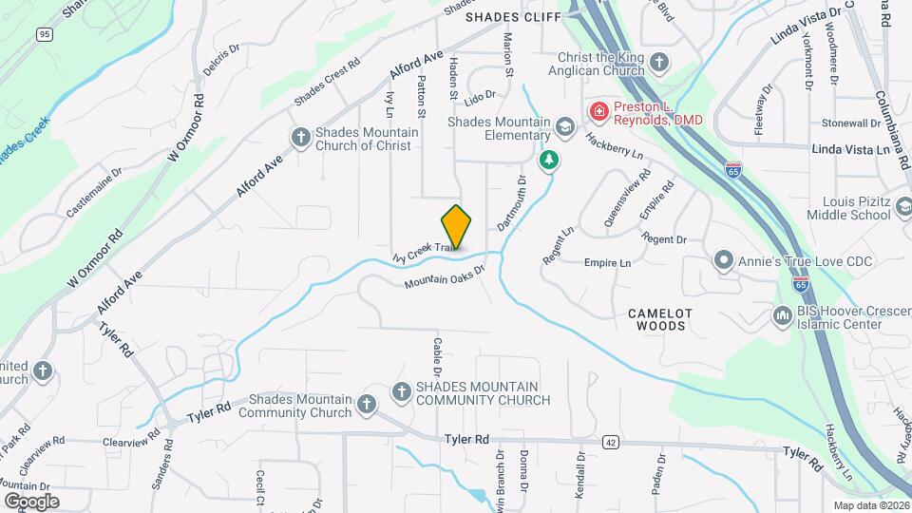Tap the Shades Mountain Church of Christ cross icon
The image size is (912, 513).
300,138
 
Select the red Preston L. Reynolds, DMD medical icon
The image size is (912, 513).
598,112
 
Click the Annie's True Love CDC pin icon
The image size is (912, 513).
723,260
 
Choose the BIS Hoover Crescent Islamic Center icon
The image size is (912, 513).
784,314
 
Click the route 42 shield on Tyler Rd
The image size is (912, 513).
610,442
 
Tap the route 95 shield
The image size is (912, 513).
44,34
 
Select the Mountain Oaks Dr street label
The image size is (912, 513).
444,276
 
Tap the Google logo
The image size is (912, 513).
30,501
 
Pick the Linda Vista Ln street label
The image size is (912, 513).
855,149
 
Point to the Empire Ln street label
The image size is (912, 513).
607,262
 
